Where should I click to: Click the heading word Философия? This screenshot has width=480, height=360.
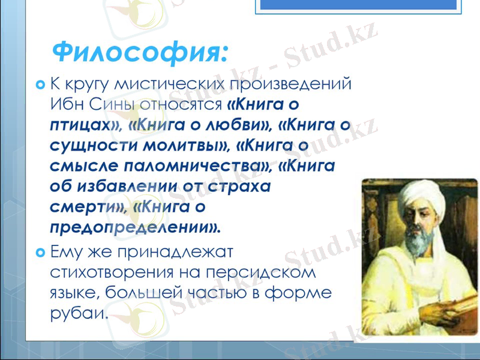coord(140,53)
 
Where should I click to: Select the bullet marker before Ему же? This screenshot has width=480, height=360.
coord(40,251)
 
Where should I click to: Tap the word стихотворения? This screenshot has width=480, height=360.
coord(111,272)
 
